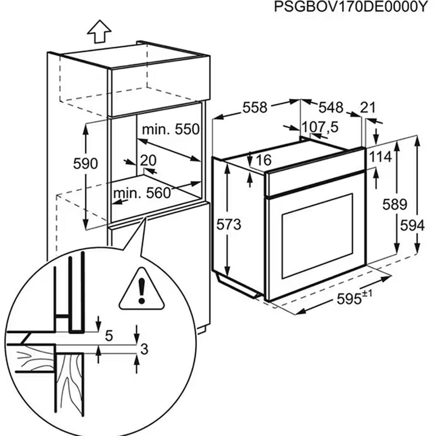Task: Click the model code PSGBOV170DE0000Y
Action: pos(349,7)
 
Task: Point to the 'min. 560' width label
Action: pos(142,193)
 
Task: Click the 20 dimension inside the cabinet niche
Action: pos(148,160)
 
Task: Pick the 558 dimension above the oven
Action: pos(255,107)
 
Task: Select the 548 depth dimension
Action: pos(331,107)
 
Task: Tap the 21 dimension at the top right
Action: pos(367,108)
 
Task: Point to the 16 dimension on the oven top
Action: pos(263,160)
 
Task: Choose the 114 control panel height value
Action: pos(380,157)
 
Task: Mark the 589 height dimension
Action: pos(395,205)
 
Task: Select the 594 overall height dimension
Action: pos(412,226)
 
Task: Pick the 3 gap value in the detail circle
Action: pos(144,350)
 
